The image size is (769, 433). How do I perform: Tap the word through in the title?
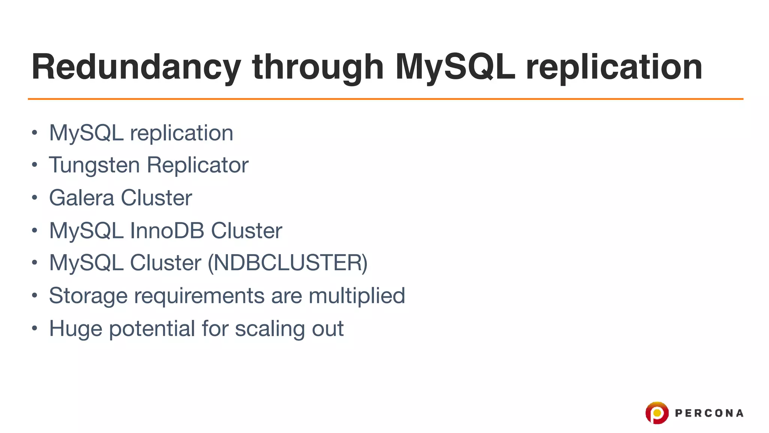click(318, 68)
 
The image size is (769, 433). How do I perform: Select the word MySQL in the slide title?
click(455, 68)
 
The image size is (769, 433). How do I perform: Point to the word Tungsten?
click(94, 165)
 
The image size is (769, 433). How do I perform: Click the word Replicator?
click(198, 165)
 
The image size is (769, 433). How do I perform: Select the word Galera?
click(81, 198)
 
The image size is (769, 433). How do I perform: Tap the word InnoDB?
click(167, 230)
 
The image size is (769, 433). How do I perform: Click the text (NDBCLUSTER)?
click(288, 263)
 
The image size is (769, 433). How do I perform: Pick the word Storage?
click(88, 296)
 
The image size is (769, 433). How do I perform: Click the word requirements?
click(199, 296)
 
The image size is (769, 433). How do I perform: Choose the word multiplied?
click(357, 296)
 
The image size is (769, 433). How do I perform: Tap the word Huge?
click(75, 329)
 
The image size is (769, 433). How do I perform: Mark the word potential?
click(152, 329)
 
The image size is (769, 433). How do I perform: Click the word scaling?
click(270, 329)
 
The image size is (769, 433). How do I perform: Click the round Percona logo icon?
click(657, 413)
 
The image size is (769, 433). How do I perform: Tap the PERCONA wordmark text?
click(709, 413)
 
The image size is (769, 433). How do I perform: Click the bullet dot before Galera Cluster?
click(35, 198)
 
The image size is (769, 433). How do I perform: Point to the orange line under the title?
click(385, 99)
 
